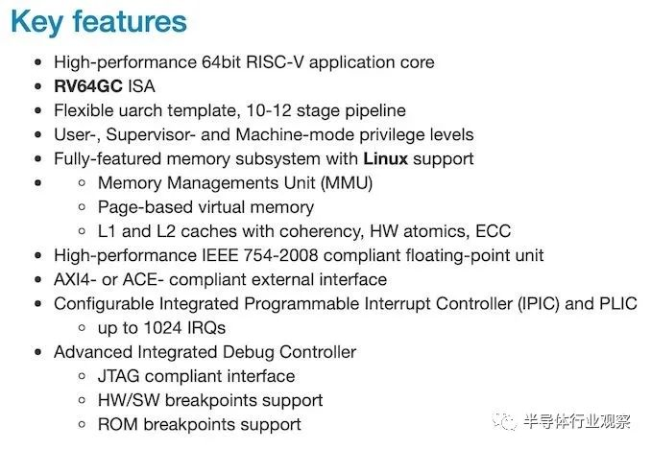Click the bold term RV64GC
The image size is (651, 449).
(88, 86)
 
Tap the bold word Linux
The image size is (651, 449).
(385, 158)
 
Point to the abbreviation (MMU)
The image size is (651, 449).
(347, 183)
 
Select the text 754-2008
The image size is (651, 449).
(280, 255)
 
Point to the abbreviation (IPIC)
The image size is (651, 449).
(539, 304)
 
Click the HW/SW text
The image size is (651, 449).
(129, 400)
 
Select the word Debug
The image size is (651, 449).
(249, 352)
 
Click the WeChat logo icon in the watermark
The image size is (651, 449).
(504, 421)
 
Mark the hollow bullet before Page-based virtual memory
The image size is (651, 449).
(83, 206)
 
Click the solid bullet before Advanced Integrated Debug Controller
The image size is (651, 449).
(38, 352)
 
